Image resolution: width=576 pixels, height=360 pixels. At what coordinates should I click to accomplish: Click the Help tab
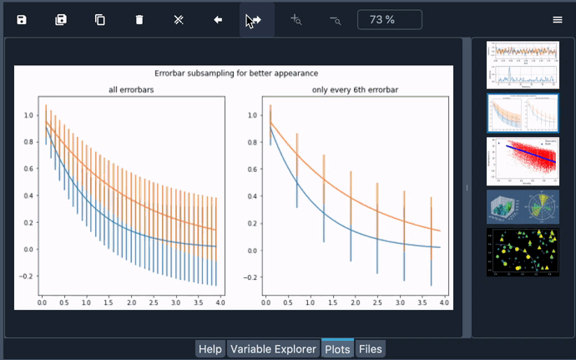pos(210,349)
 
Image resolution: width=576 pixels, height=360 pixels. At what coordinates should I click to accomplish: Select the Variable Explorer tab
pos(273,349)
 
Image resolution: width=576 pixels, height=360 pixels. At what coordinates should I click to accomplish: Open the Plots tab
pos(337,349)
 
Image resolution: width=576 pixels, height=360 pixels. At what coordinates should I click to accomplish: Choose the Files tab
pos(370,349)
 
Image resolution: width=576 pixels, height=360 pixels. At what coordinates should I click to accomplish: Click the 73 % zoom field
pos(389,19)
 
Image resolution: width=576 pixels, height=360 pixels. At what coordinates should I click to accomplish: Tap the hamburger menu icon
pos(558,19)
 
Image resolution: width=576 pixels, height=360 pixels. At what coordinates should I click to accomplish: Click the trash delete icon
pos(139,19)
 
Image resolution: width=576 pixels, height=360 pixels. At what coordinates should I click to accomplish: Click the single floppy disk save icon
pos(22,19)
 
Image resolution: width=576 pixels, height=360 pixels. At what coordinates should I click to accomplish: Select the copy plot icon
pos(100,19)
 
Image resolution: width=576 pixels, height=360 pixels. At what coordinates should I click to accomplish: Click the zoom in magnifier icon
pos(296,19)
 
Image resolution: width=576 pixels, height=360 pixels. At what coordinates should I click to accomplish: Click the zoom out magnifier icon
pos(335,19)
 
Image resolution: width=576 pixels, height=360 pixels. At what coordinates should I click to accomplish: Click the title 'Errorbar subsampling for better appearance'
pos(236,73)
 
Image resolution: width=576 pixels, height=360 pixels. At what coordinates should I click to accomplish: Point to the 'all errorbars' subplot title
pos(130,89)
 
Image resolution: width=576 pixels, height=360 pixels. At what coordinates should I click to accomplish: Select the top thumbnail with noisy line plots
pos(523,64)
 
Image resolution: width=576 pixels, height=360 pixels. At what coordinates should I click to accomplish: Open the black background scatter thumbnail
pos(523,251)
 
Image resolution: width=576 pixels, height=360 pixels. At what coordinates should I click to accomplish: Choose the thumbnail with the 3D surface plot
pos(505,206)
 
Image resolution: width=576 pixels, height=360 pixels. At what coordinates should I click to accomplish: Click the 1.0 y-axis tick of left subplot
pos(28,115)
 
